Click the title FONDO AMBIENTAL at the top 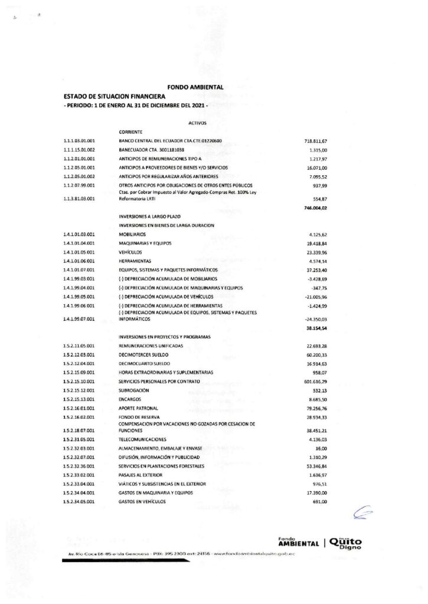pos(195,87)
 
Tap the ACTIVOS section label pos(197,124)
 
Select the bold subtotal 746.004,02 pos(315,208)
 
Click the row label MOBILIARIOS pos(132,234)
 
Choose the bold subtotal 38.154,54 pos(316,327)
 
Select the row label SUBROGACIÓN pos(133,390)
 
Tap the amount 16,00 pos(321,449)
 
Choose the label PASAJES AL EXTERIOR pos(141,475)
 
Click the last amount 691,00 pos(320,501)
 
